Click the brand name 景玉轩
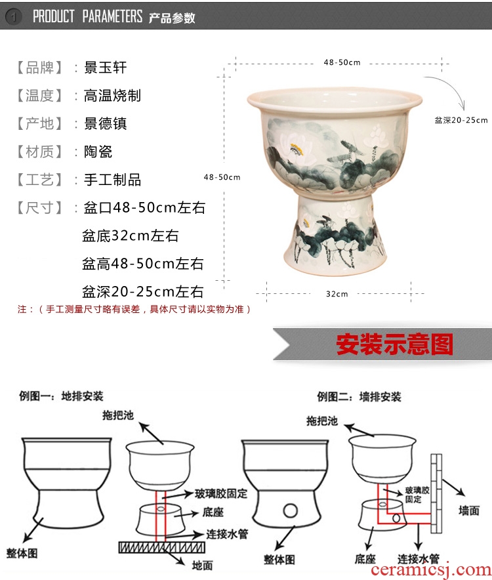105,68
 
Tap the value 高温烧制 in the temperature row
112,95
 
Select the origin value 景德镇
105,123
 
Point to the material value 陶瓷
98,152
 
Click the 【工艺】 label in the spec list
39,180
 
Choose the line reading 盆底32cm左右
130,236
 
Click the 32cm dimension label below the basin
337,294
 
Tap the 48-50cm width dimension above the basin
342,62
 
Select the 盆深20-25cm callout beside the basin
461,120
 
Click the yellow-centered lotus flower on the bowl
295,149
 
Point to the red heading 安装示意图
394,344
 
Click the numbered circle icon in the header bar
14,16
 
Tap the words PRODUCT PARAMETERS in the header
88,16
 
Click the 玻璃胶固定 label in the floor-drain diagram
221,493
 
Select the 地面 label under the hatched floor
202,566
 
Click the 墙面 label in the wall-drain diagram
468,511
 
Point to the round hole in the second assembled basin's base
290,511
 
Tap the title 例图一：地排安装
61,396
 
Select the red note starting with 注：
134,309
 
